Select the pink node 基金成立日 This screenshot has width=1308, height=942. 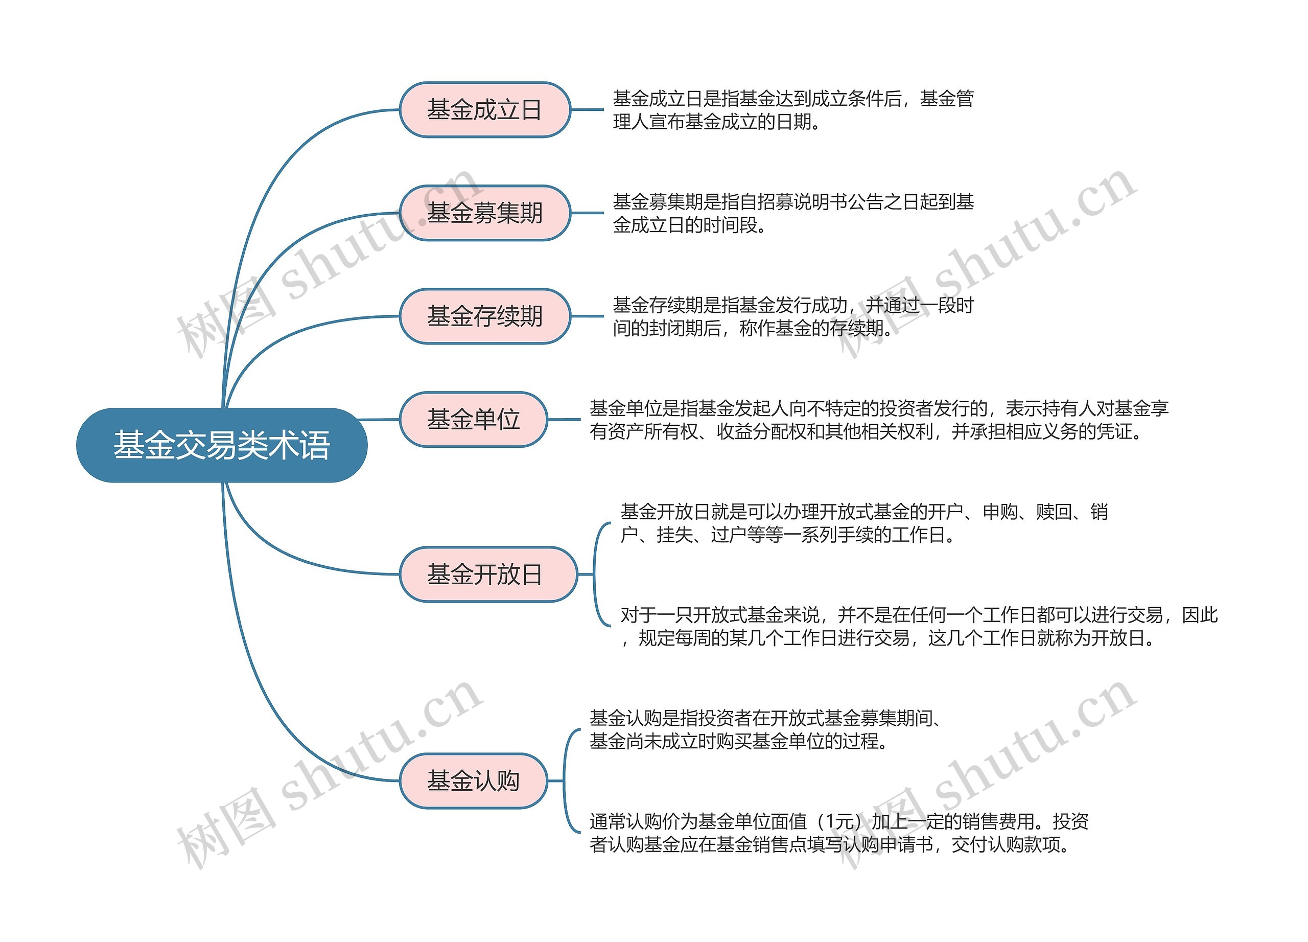coord(484,109)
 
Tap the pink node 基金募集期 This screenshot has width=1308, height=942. coord(484,213)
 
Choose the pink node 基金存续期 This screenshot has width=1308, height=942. coord(484,316)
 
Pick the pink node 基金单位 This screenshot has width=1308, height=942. coord(473,419)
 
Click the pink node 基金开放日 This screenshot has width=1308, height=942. coord(487,574)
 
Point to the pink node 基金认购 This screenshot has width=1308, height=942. coord(473,780)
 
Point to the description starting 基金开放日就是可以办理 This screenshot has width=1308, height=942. coord(863,523)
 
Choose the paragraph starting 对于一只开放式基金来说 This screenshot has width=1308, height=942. coord(918,627)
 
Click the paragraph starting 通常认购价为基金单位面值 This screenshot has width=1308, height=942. coord(838,833)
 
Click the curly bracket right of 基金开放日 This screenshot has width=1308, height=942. coord(600,574)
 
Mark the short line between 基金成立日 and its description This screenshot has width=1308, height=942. coord(587,109)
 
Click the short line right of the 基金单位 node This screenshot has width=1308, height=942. coord(564,419)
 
